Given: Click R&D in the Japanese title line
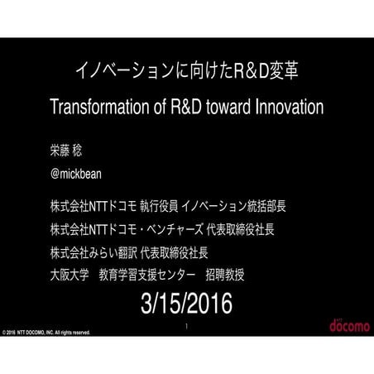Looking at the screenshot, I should pos(245,71).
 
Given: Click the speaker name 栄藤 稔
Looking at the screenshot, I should pos(70,153).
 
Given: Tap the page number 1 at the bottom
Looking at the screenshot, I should pos(187,326).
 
